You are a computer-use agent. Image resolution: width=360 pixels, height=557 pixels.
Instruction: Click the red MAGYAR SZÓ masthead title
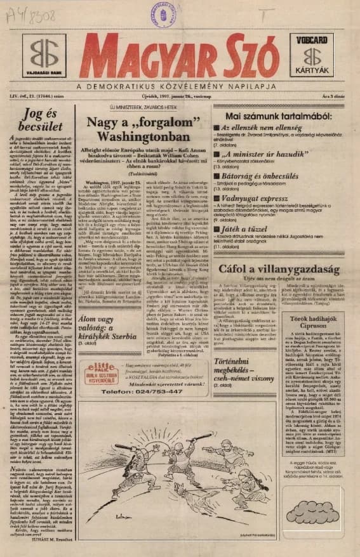pos(180,57)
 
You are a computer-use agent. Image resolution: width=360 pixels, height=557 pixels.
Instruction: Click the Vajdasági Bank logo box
pos(44,55)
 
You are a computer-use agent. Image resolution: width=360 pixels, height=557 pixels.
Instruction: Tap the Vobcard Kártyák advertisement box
pos(314,55)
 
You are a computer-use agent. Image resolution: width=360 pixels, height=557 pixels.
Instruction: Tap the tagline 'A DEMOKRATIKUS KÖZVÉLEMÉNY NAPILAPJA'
pos(180,86)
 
